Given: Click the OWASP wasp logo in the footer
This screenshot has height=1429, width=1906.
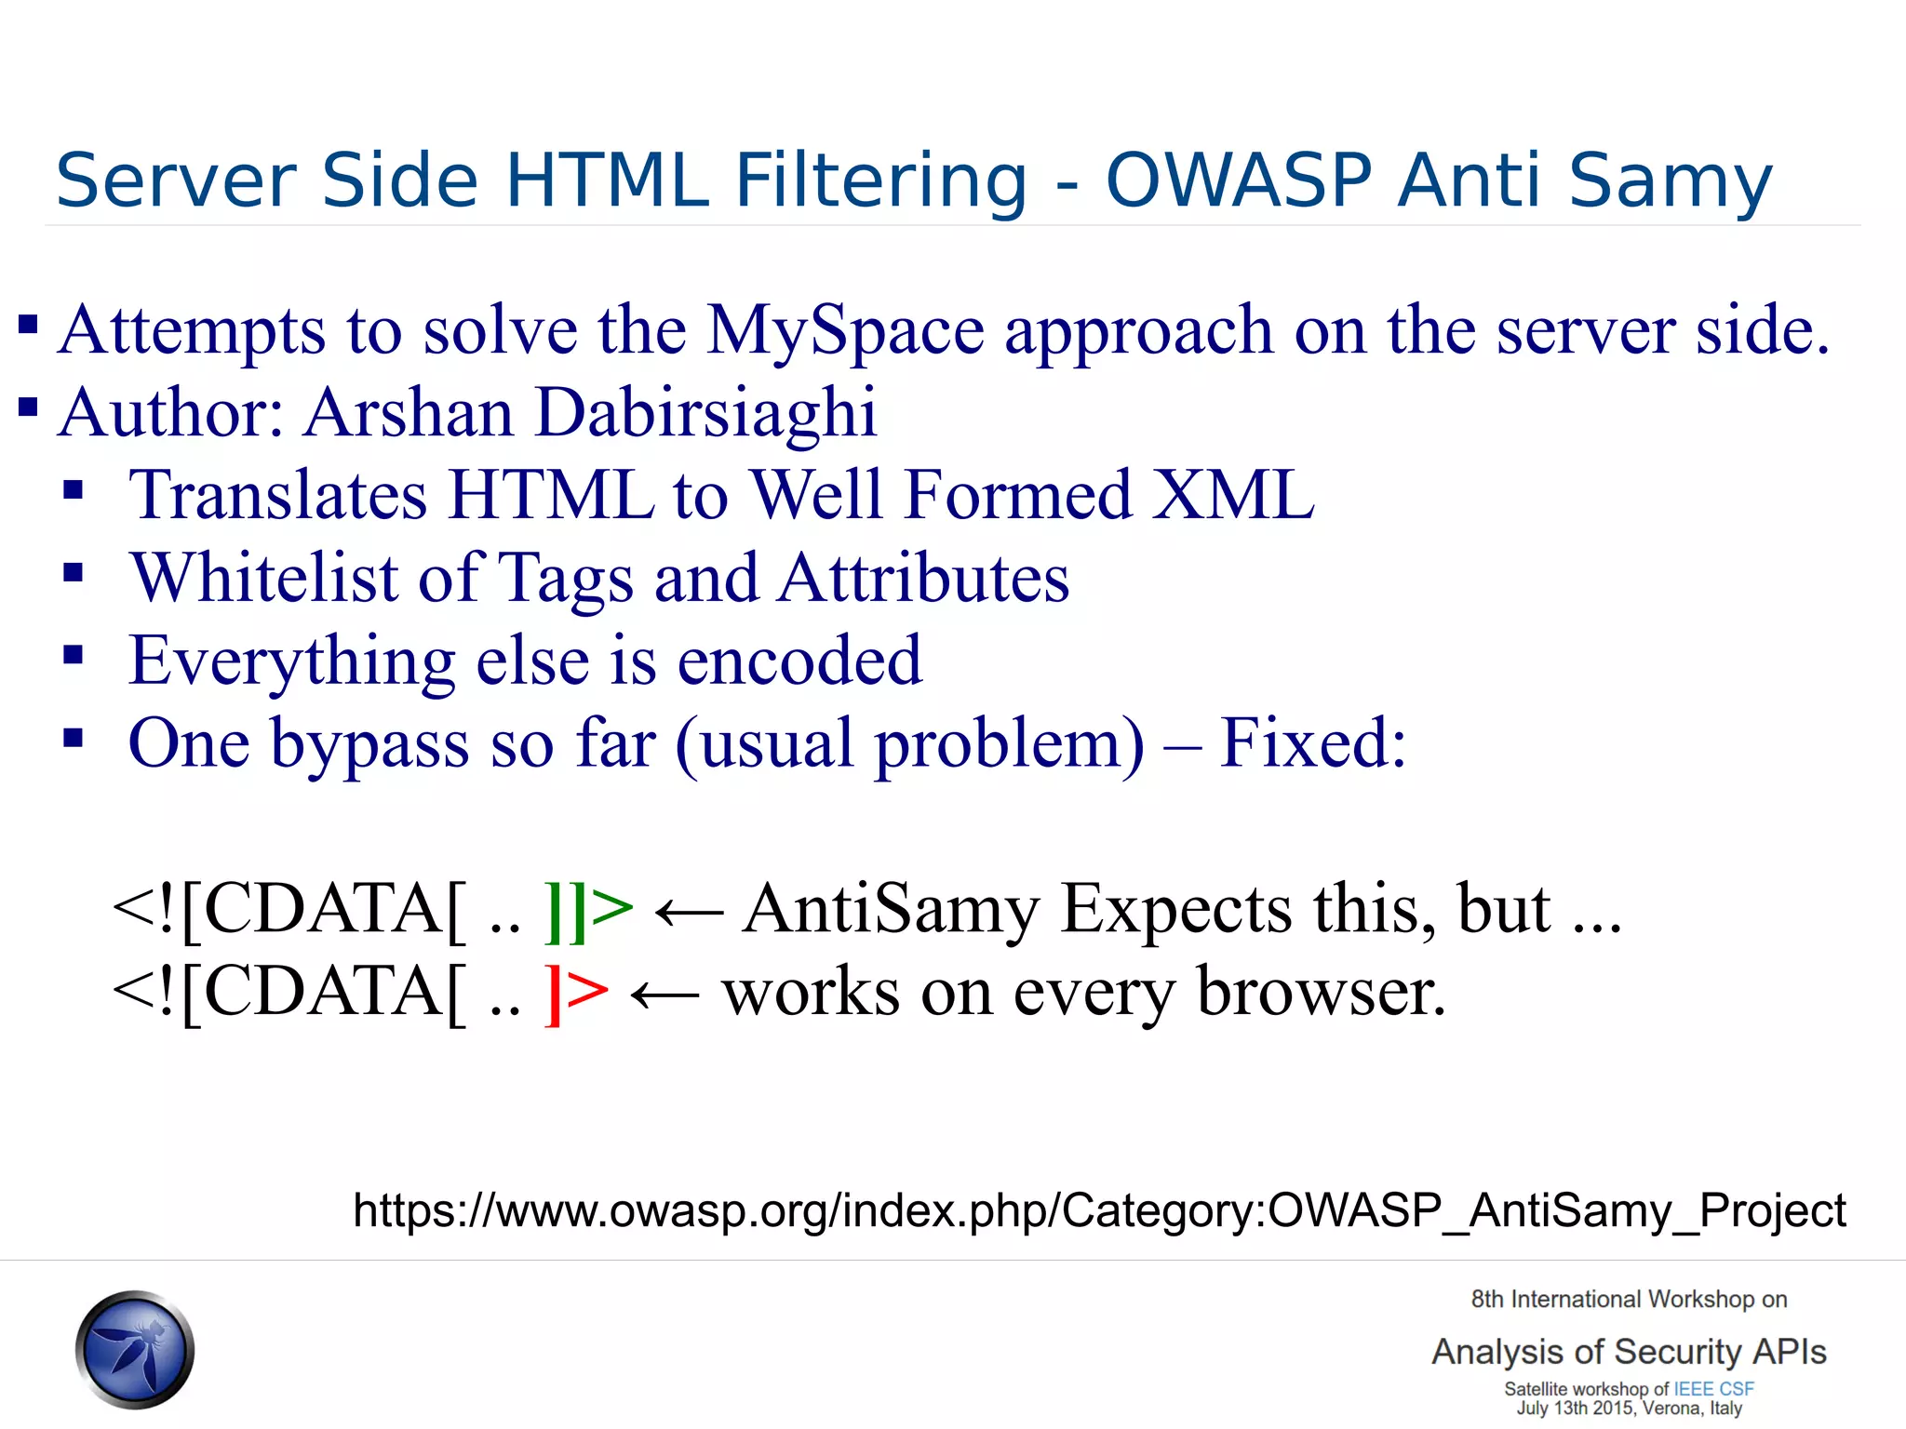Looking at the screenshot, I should (x=136, y=1349).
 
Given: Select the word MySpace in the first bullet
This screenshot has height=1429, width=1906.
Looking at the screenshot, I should (x=845, y=332).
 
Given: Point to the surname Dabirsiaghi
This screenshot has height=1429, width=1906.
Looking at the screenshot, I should (x=706, y=413).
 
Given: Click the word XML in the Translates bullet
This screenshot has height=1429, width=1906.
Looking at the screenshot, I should (x=1233, y=495).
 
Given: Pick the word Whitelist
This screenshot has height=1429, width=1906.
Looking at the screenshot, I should (x=263, y=578).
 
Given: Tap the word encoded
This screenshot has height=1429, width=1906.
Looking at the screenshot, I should (x=799, y=661).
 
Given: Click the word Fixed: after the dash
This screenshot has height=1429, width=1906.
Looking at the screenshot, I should (x=1312, y=743).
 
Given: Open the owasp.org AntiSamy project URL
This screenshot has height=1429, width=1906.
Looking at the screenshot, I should (x=1099, y=1211).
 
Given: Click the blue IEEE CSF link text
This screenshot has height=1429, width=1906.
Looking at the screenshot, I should (x=1713, y=1389).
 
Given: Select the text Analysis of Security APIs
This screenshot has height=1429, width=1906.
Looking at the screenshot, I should (x=1629, y=1352).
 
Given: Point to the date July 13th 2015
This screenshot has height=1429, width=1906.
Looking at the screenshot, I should (x=1577, y=1409).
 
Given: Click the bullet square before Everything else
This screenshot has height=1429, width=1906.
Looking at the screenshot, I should (x=74, y=656).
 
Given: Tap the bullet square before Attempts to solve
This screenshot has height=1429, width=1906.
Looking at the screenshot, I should (x=28, y=325).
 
